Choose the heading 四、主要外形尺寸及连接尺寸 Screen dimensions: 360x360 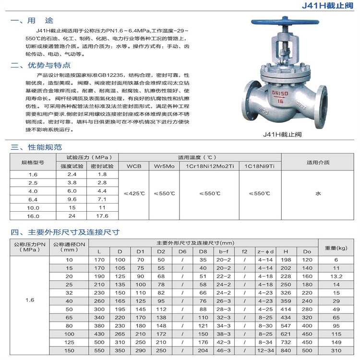[65, 232]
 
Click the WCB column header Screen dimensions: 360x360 [134, 166]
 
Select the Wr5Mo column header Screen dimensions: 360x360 [164, 166]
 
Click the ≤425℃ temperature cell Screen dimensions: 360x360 [134, 193]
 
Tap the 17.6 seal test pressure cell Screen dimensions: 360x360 [102, 216]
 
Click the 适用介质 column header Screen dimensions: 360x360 [318, 162]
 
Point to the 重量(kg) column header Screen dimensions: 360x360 [336, 248]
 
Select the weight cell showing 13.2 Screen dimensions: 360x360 [336, 276]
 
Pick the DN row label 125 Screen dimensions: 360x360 [70, 342]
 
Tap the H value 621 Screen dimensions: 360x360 [286, 334]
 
